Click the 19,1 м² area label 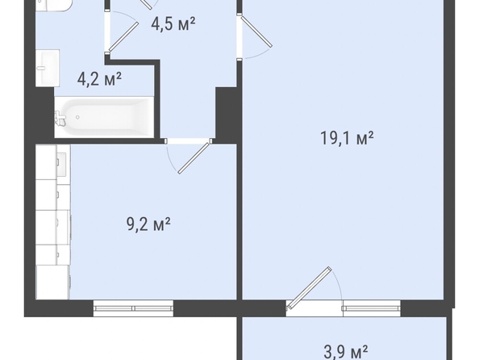tap(347, 138)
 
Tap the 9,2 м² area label tap(148, 225)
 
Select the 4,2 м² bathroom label tap(99, 79)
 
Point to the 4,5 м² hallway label tap(173, 24)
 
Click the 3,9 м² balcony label tap(345, 352)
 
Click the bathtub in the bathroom tap(104, 117)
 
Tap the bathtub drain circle tap(78, 117)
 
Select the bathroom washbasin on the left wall tap(48, 68)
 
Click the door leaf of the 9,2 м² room tap(194, 157)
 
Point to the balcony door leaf tap(309, 288)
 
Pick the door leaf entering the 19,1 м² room tap(256, 31)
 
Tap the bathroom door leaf tap(123, 36)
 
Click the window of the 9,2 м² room tap(133, 308)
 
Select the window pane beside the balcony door tap(372, 308)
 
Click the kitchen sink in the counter tap(62, 165)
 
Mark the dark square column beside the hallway tap(227, 115)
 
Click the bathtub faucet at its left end tap(60, 118)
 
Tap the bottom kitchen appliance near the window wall tap(53, 283)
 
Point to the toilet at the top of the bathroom tap(53, 6)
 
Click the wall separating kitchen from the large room tap(240, 222)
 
